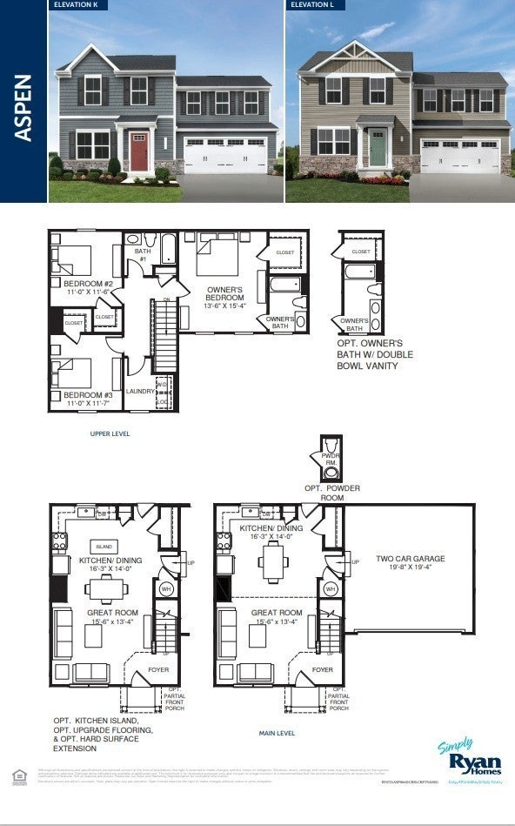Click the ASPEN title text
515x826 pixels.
[23, 107]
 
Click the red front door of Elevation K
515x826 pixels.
[138, 151]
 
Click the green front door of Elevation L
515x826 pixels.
[377, 147]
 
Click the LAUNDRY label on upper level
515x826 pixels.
[140, 392]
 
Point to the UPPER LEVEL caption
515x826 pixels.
[110, 433]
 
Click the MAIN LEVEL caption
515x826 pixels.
[277, 734]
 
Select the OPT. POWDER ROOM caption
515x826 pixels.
[330, 493]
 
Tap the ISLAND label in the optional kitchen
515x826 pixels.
[104, 546]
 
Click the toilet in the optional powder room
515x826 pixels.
[331, 473]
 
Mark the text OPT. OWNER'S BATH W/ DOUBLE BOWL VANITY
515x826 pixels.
[375, 355]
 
